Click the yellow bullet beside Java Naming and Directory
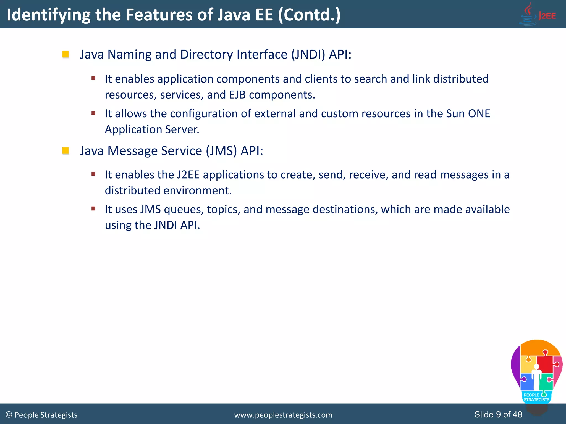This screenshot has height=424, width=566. click(x=65, y=54)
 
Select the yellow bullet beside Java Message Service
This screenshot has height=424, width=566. click(x=65, y=151)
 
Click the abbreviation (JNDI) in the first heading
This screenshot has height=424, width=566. click(x=308, y=54)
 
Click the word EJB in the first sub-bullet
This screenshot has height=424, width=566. click(x=237, y=95)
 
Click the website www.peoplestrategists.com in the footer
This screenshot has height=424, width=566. click(x=283, y=415)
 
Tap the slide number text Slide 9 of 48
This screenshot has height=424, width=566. click(x=498, y=414)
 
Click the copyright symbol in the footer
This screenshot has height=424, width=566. click(x=9, y=415)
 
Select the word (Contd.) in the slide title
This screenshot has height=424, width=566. click(x=309, y=15)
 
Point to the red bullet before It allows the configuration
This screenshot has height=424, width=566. click(x=93, y=113)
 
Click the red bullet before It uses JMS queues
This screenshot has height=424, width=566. click(x=93, y=209)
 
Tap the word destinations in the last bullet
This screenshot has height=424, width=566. click(x=345, y=210)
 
